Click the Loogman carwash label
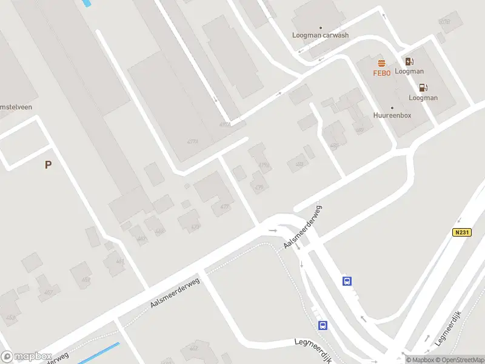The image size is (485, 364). pos(321,35)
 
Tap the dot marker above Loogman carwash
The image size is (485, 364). pos(321,27)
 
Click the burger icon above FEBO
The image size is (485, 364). pos(381,64)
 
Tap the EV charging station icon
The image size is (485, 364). pos(409,61)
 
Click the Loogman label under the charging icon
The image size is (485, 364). pos(409,71)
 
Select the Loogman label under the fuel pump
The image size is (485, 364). pos(423,98)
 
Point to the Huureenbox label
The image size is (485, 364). pos(392,115)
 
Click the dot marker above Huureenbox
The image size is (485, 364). pos(392,107)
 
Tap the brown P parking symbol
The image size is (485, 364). pos(48,164)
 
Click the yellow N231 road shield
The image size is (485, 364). pos(461,232)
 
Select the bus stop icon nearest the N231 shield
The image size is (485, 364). pos(347,280)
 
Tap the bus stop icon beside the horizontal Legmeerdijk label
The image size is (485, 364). pos(323,325)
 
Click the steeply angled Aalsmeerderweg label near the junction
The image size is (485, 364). pos(303,226)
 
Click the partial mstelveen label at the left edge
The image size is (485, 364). pos(16,107)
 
